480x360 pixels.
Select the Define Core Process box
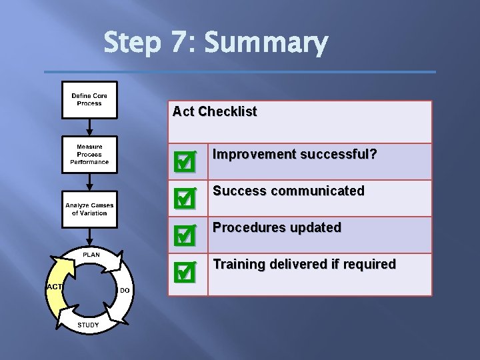[89, 100]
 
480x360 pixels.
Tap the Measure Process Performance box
[89, 155]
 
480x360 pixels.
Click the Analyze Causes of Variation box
[89, 209]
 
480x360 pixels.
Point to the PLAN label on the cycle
[91, 255]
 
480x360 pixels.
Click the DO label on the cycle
[125, 290]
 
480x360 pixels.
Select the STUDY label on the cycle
[88, 325]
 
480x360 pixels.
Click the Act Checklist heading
[214, 111]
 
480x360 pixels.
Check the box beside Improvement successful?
[184, 161]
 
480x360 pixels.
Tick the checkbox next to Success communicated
[184, 197]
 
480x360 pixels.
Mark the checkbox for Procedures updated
[184, 234]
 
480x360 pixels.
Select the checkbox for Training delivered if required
[184, 271]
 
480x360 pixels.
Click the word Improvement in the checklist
[254, 155]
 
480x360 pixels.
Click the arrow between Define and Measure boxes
[89, 128]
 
